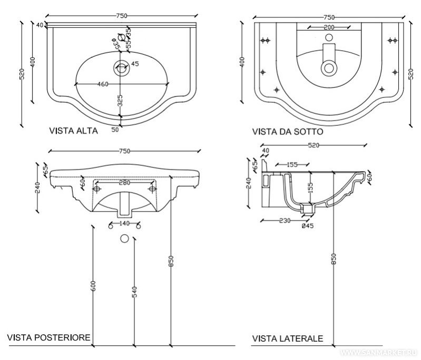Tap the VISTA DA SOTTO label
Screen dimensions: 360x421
point(288,132)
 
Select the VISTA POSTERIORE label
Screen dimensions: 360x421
point(48,337)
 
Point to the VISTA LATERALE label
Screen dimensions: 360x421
point(288,338)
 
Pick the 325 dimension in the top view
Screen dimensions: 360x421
point(120,101)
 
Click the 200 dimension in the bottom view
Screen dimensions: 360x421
point(329,26)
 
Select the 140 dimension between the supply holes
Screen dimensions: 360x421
point(124,224)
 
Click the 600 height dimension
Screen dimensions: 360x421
point(93,285)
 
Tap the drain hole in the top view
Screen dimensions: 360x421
point(121,67)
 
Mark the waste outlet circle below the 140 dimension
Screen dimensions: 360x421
point(125,238)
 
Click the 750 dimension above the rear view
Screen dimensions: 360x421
point(124,151)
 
